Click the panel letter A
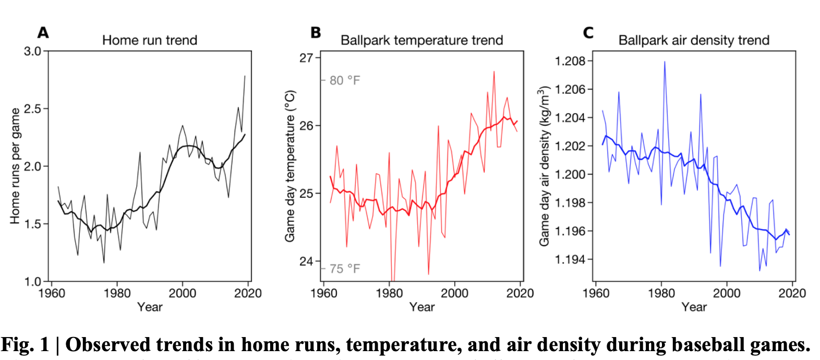tap(43, 32)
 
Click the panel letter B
tap(316, 32)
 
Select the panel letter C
tap(588, 32)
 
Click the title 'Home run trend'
tap(150, 40)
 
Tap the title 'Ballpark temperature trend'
tap(421, 40)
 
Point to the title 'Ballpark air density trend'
tap(694, 40)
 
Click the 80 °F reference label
tap(344, 80)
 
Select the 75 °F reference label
tap(344, 269)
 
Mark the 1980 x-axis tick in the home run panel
tap(117, 293)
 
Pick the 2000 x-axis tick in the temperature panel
tap(454, 293)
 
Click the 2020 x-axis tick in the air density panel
tap(792, 293)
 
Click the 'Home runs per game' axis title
tap(15, 166)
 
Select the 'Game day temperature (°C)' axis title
tap(290, 166)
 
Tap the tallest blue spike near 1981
tap(664, 62)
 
